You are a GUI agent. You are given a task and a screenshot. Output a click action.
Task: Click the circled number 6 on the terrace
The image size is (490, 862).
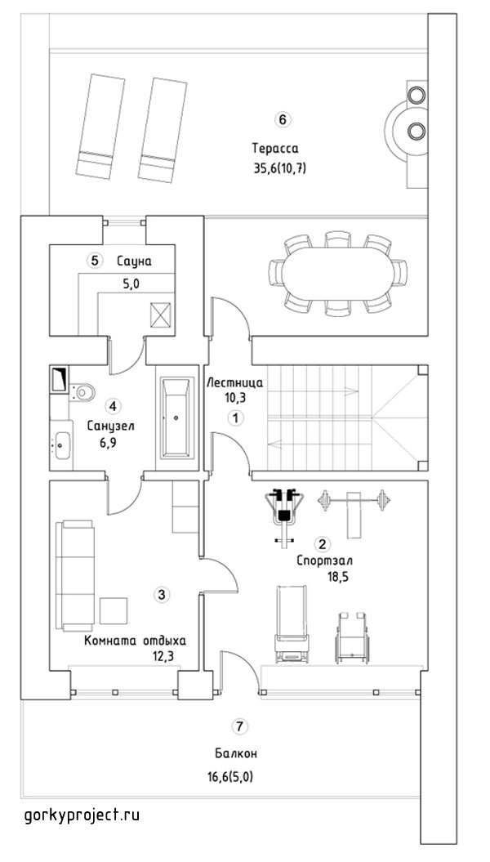click(282, 120)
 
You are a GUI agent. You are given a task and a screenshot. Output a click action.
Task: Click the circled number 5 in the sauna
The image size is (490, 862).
click(95, 261)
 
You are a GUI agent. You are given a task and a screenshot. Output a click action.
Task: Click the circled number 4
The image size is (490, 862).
click(113, 407)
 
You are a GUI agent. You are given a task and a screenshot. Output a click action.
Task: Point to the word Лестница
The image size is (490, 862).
click(234, 382)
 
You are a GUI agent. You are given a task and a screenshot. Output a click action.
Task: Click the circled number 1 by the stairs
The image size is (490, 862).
click(236, 418)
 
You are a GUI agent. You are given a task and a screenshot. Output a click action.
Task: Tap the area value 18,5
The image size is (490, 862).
click(339, 577)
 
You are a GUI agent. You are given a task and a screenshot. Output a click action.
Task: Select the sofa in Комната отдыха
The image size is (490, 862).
click(76, 575)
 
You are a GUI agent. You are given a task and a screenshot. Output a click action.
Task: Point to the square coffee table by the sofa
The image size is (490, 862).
click(114, 611)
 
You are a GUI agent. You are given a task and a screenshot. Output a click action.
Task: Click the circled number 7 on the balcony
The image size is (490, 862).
click(238, 726)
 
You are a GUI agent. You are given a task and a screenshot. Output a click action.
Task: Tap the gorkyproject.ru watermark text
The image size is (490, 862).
click(82, 815)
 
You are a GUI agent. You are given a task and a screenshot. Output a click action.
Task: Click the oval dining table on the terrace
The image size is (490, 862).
click(338, 274)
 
